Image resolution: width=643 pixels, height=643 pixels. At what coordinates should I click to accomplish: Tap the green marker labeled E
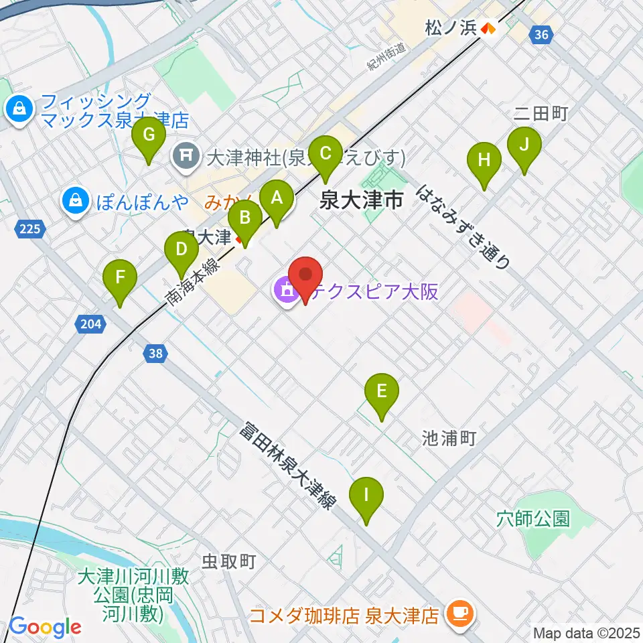(x=382, y=392)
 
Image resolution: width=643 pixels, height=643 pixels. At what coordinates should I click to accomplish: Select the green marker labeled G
(x=149, y=136)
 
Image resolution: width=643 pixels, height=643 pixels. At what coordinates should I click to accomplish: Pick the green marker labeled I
(x=366, y=496)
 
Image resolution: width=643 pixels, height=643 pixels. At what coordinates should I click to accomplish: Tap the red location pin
(x=305, y=276)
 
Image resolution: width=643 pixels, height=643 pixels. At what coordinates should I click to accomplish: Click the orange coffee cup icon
(x=459, y=613)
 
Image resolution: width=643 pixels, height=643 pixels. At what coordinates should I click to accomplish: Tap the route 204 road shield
(x=90, y=325)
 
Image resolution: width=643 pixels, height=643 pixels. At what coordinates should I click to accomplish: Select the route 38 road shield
(x=155, y=353)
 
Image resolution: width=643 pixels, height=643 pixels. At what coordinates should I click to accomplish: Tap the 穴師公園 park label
(x=533, y=518)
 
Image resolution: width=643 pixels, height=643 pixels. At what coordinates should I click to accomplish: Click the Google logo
(x=44, y=627)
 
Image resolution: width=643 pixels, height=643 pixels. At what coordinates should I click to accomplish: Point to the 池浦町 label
(x=449, y=438)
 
